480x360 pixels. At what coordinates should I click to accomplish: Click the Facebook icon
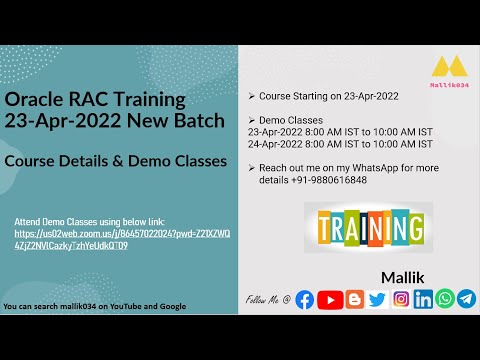click(x=305, y=299)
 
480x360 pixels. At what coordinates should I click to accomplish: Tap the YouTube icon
click(x=329, y=299)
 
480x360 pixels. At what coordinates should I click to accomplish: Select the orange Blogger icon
click(x=353, y=299)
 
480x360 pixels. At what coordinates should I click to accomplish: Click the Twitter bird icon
click(x=376, y=299)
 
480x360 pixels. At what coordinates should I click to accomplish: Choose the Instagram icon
click(x=400, y=299)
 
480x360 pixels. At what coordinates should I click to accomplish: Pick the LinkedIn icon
click(x=423, y=299)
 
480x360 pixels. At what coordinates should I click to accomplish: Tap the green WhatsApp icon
click(x=444, y=299)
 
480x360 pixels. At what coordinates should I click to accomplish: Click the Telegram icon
click(x=466, y=299)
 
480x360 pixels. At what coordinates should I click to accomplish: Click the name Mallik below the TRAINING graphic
click(x=403, y=273)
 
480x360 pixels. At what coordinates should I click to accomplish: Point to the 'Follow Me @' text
click(x=268, y=300)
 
